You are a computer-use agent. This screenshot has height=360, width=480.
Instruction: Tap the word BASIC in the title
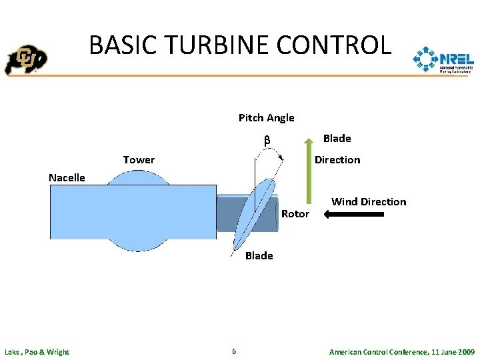coord(122,45)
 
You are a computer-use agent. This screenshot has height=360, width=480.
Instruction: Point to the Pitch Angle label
coord(266,118)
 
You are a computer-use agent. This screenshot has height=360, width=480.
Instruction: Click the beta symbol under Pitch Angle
coord(265,141)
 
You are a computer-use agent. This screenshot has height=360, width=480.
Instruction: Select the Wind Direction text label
coord(368,201)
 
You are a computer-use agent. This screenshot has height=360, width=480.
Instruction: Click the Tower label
coord(139,160)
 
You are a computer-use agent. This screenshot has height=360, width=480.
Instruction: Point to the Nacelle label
coord(67,177)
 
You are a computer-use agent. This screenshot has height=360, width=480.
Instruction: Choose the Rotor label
coord(295,214)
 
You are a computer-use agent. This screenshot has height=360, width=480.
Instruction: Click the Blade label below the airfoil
coord(259,256)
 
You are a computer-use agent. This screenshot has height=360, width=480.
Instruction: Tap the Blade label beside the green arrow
coord(337,139)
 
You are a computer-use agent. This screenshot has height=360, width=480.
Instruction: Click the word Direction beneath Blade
coord(337,160)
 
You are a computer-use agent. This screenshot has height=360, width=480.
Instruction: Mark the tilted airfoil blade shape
coord(255,213)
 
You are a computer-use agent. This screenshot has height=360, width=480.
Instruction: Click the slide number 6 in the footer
coord(233,351)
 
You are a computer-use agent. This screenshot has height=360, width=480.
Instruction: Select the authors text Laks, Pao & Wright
coord(37,352)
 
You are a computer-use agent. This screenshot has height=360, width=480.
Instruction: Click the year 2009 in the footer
coord(464,352)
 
